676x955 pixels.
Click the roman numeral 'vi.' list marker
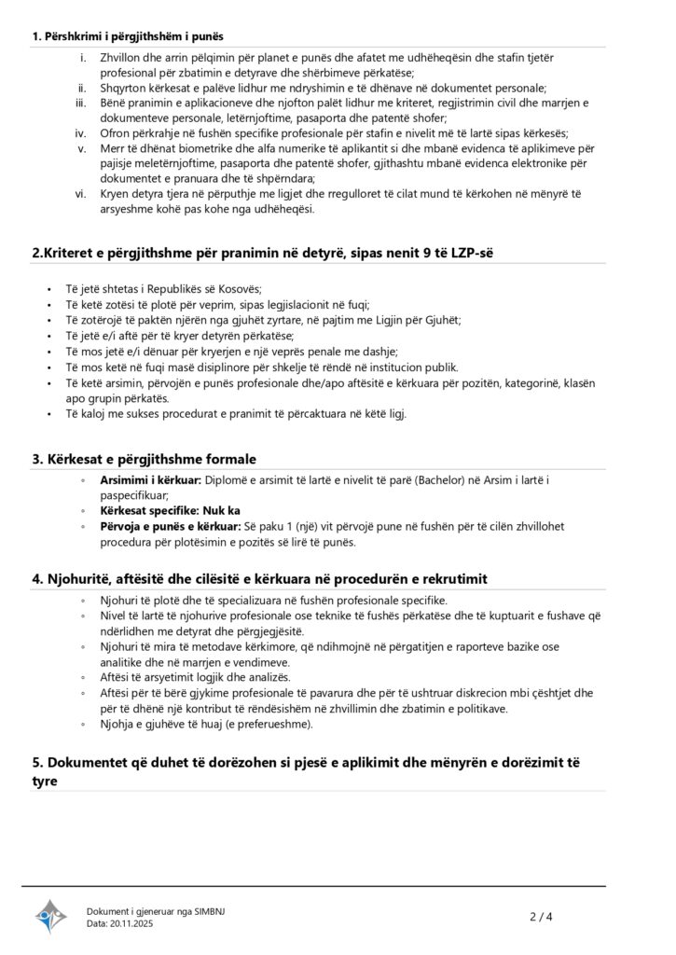81,194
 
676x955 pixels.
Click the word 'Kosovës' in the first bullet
237,288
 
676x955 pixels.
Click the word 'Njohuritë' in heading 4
78,579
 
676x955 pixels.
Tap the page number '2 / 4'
542,917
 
